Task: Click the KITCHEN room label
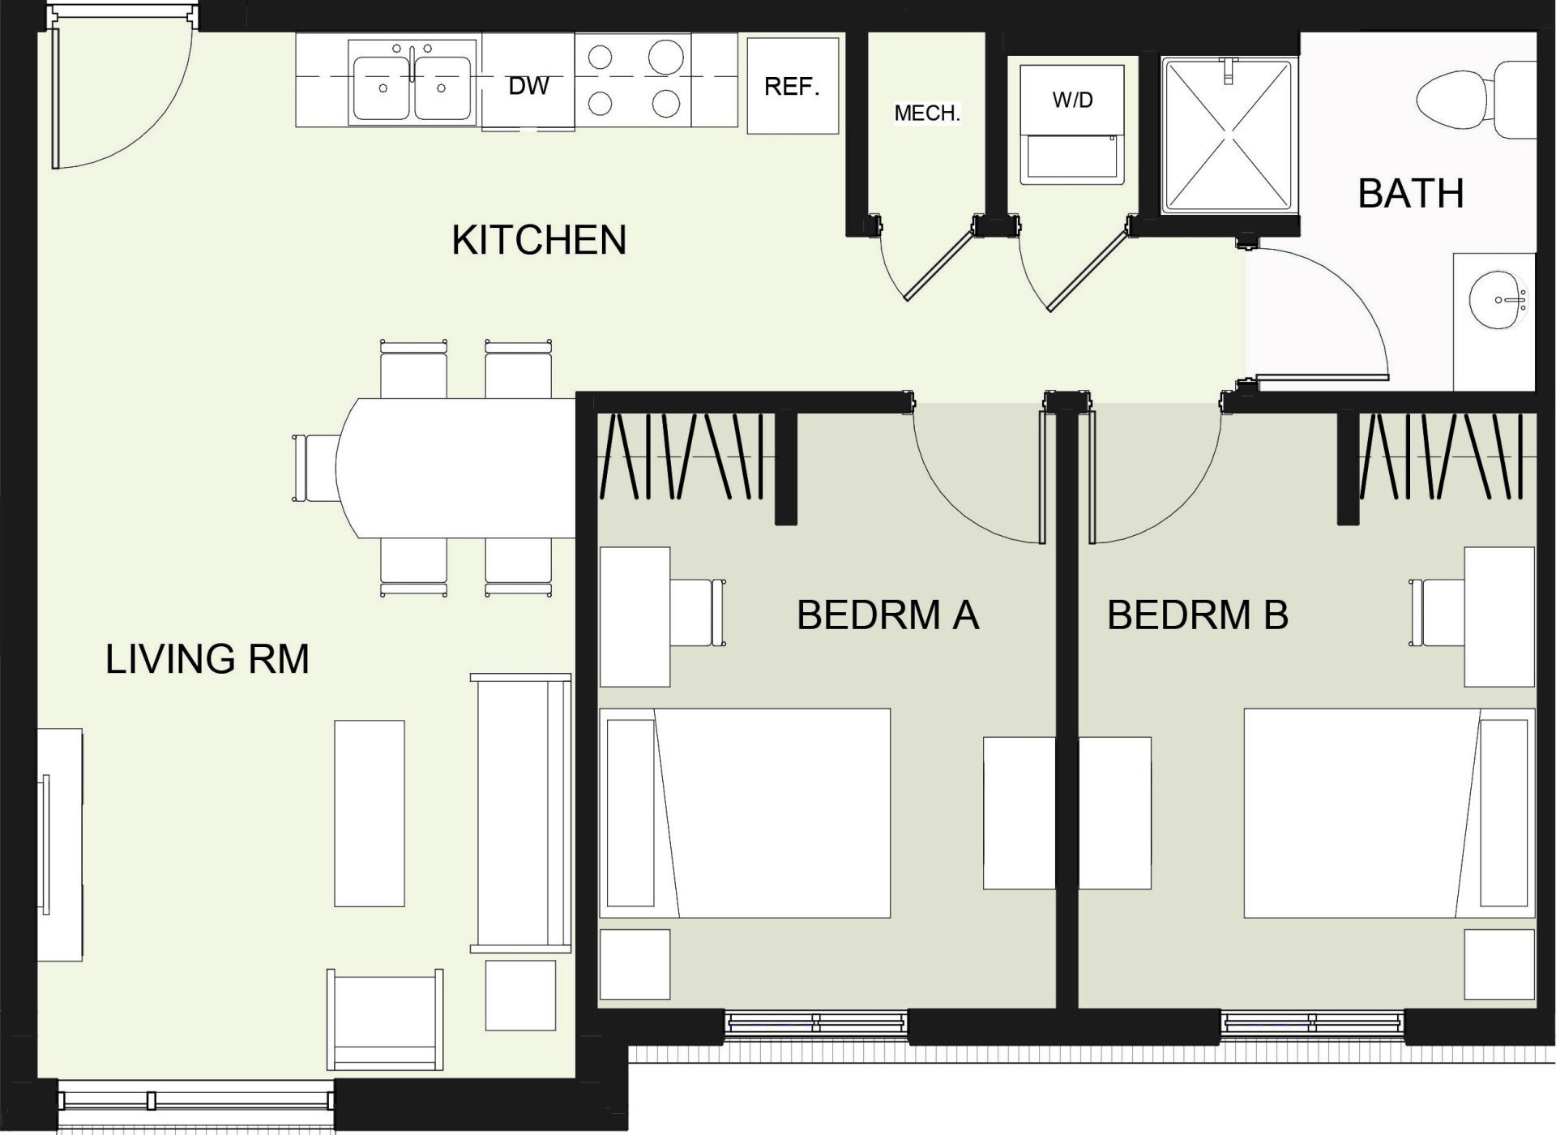click(x=539, y=240)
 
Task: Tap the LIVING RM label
click(x=207, y=658)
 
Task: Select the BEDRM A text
click(x=888, y=615)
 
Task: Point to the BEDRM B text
click(x=1198, y=615)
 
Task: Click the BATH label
click(x=1411, y=194)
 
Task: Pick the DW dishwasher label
click(x=528, y=85)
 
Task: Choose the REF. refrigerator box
click(x=793, y=85)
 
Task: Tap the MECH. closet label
click(x=927, y=113)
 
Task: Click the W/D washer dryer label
click(x=1072, y=100)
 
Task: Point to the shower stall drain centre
click(x=1227, y=135)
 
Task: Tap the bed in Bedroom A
click(x=745, y=813)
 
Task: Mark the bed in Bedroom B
click(x=1389, y=813)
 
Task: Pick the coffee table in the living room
click(x=370, y=813)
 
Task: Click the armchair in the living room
click(x=385, y=1019)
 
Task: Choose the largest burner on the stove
click(x=666, y=58)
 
